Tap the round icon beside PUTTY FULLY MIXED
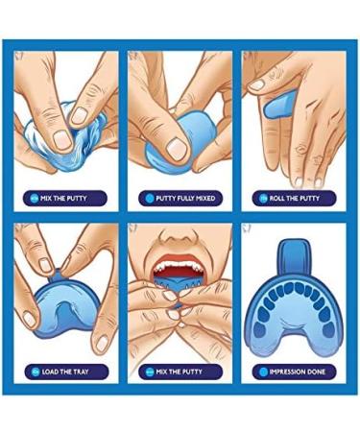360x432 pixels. click(149, 199)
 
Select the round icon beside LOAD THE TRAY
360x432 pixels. click(35, 370)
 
